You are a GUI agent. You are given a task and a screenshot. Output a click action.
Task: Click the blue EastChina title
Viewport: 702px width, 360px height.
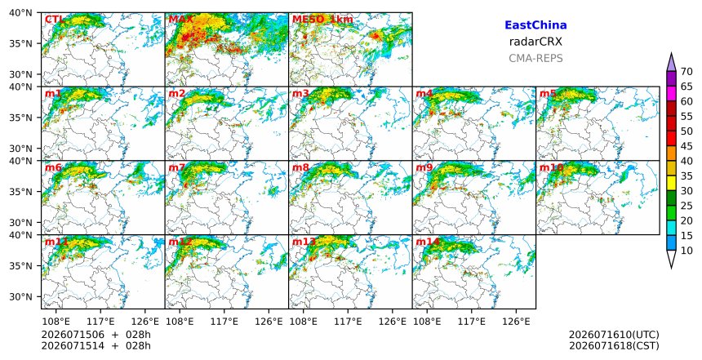pyautogui.click(x=535, y=25)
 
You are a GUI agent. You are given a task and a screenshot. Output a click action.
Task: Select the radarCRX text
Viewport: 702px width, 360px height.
pyautogui.click(x=535, y=42)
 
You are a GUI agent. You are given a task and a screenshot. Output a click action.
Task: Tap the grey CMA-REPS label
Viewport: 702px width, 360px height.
pyautogui.click(x=535, y=58)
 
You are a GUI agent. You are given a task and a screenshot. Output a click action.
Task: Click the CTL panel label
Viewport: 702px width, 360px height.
pyautogui.click(x=54, y=20)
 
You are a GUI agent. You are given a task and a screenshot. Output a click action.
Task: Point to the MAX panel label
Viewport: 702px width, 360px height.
pyautogui.click(x=180, y=20)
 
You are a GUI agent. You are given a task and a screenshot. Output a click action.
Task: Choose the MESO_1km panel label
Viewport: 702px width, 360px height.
pyautogui.click(x=322, y=20)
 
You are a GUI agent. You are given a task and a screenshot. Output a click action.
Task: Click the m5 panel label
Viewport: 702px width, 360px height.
pyautogui.click(x=548, y=94)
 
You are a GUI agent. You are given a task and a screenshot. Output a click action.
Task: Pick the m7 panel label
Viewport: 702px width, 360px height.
pyautogui.click(x=176, y=167)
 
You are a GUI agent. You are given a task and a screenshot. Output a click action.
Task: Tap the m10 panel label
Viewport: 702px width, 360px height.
pyautogui.click(x=551, y=167)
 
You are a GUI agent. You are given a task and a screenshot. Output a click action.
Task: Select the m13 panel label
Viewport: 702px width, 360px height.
pyautogui.click(x=304, y=242)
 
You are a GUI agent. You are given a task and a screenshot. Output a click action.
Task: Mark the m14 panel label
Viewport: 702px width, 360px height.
pyautogui.click(x=428, y=242)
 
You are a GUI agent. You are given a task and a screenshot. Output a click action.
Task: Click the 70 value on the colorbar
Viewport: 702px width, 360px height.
pyautogui.click(x=686, y=72)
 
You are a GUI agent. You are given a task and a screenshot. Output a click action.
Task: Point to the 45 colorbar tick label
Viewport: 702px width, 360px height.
pyautogui.click(x=686, y=146)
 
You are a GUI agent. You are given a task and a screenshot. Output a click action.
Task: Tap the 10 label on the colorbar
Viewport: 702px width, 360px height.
pyautogui.click(x=686, y=251)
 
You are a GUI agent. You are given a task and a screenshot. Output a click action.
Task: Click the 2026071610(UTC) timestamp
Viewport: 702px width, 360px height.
pyautogui.click(x=614, y=335)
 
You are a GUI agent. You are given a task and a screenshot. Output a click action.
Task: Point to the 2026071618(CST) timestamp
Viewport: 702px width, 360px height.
pyautogui.click(x=614, y=345)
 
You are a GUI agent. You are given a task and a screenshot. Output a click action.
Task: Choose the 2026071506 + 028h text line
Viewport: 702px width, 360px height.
pyautogui.click(x=96, y=335)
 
